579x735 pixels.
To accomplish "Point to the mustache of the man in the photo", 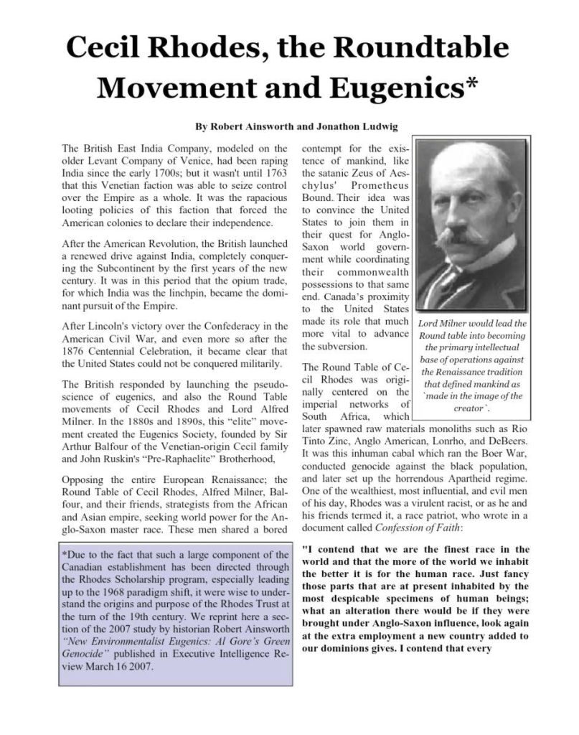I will pyautogui.click(x=457, y=235).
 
